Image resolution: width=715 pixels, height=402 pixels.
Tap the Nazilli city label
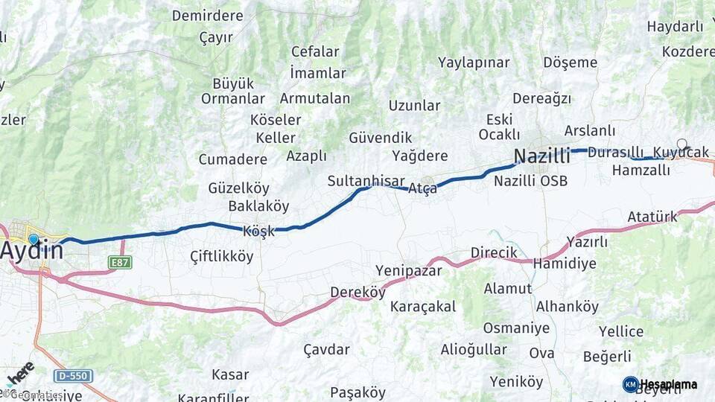(541, 156)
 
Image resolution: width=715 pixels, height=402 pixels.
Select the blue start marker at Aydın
(34, 240)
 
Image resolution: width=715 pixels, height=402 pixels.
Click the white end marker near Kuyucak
(681, 144)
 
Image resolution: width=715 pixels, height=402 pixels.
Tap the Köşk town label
(258, 232)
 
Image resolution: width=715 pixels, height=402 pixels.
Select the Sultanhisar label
(366, 181)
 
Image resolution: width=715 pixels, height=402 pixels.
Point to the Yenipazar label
(408, 270)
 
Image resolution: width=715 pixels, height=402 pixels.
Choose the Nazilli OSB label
(530, 181)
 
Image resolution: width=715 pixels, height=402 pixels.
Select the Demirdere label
(208, 16)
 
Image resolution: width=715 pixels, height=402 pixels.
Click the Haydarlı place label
(675, 27)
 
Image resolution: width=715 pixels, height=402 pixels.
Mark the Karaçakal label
(423, 306)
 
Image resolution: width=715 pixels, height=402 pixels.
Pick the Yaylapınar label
(474, 63)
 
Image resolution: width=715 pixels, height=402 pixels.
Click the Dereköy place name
(357, 293)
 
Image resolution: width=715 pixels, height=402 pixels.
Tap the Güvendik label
(380, 138)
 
